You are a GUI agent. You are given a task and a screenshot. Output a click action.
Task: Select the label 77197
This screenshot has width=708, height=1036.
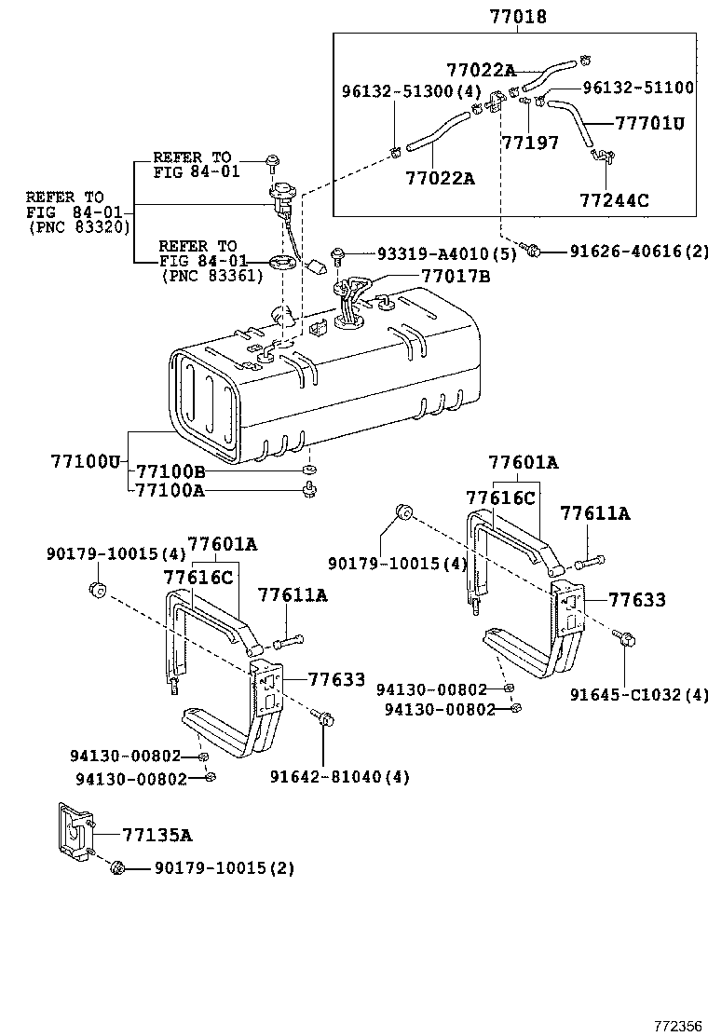(x=530, y=143)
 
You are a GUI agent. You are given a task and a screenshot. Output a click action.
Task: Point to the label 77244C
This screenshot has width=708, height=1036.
(x=614, y=199)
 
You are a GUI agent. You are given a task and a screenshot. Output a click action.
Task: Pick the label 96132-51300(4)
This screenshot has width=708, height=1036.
(x=411, y=91)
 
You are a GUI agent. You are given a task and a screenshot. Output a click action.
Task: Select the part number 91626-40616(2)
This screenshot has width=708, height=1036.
(x=628, y=251)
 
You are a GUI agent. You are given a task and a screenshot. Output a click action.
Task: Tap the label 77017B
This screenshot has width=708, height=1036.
(x=456, y=276)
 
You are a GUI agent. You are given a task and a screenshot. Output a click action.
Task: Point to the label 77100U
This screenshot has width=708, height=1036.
(x=87, y=461)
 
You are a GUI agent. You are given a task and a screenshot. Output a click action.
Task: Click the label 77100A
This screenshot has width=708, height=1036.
(x=170, y=490)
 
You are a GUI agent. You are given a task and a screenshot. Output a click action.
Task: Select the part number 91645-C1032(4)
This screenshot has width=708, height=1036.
(x=639, y=694)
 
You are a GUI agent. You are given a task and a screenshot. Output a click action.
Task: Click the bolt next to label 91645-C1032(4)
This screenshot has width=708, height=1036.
(x=622, y=639)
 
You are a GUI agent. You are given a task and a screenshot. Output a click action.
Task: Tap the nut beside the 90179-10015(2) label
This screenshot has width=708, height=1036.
(x=117, y=868)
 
